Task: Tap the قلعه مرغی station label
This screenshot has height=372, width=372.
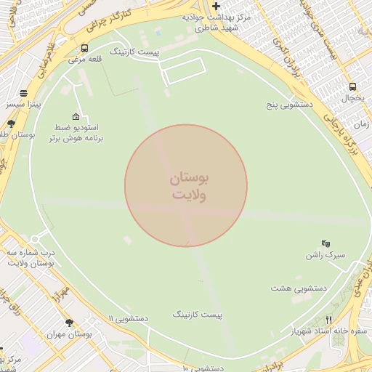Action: click(x=84, y=60)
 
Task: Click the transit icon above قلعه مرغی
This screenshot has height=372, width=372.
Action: click(x=85, y=49)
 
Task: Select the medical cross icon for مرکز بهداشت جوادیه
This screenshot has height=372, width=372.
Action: click(x=216, y=6)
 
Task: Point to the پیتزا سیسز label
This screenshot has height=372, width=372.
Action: click(x=25, y=105)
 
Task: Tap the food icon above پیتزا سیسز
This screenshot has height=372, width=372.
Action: click(x=24, y=93)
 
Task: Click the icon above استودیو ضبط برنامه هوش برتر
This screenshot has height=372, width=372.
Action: click(x=76, y=116)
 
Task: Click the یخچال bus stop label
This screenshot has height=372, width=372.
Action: click(x=352, y=97)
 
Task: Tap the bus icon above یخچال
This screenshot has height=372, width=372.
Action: click(x=352, y=86)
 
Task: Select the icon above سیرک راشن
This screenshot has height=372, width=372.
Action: click(x=325, y=243)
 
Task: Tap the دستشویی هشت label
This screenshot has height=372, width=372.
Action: click(x=299, y=288)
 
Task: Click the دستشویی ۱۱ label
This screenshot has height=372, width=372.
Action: click(x=128, y=318)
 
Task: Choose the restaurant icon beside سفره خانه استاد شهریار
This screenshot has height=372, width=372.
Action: click(x=328, y=320)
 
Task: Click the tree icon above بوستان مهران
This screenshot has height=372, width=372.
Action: click(x=69, y=323)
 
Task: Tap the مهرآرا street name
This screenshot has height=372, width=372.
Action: click(x=61, y=294)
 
